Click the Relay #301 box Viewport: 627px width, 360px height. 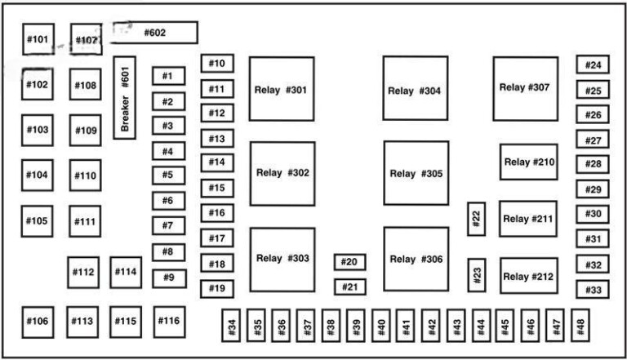[282, 89]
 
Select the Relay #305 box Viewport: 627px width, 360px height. [416, 173]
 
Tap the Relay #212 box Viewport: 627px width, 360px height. [528, 276]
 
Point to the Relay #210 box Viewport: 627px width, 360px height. [528, 162]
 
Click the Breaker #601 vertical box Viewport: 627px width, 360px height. [124, 98]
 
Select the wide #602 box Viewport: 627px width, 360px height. [154, 33]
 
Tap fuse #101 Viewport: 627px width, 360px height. [38, 39]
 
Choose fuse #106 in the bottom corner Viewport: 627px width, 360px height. [38, 321]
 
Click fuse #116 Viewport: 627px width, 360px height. [168, 321]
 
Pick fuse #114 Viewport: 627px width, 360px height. [126, 272]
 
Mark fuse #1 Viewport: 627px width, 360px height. [168, 76]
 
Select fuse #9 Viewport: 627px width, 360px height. [168, 278]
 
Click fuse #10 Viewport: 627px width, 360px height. [217, 64]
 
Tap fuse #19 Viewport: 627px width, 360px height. [217, 288]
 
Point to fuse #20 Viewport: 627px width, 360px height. [349, 262]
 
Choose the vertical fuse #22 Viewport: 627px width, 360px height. [477, 219]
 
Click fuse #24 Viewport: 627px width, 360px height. [593, 65]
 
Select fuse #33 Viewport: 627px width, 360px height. [593, 289]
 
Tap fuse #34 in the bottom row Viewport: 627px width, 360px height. [233, 326]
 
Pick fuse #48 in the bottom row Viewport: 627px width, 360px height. [580, 326]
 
